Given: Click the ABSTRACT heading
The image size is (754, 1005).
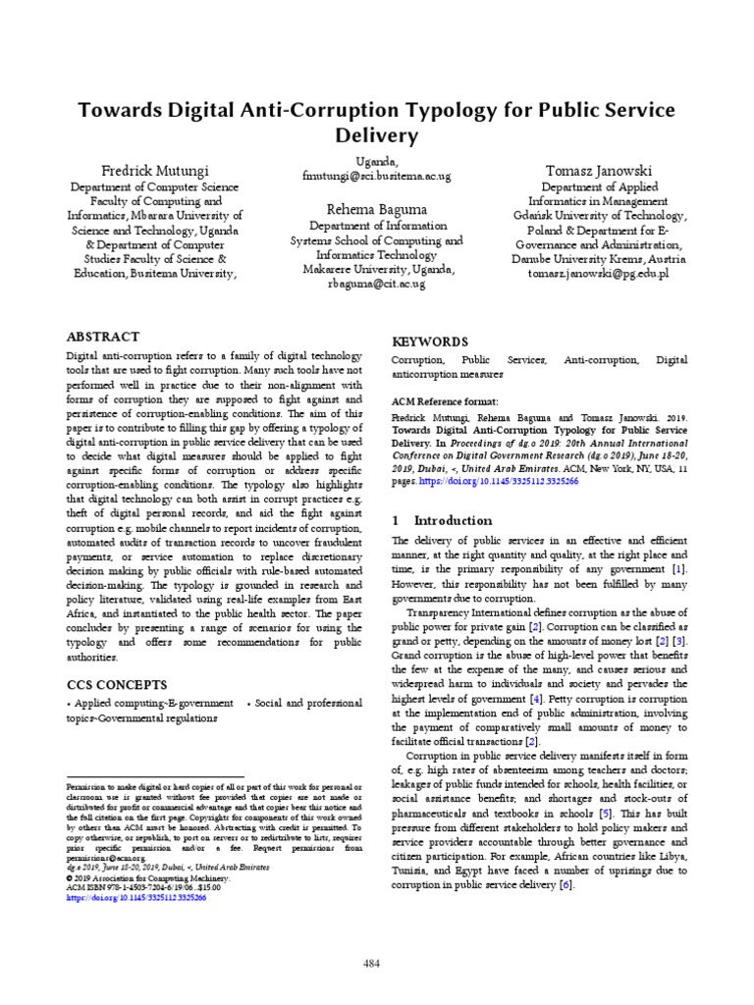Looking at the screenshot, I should click(102, 336).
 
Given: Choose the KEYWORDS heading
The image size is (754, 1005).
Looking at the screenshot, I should click(430, 342).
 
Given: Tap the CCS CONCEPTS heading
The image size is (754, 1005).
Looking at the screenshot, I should click(116, 684).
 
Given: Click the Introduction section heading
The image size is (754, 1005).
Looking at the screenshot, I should click(453, 520).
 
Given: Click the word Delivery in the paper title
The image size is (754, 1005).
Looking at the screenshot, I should click(377, 134).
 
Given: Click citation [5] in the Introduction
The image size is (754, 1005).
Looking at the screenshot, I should click(606, 814).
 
